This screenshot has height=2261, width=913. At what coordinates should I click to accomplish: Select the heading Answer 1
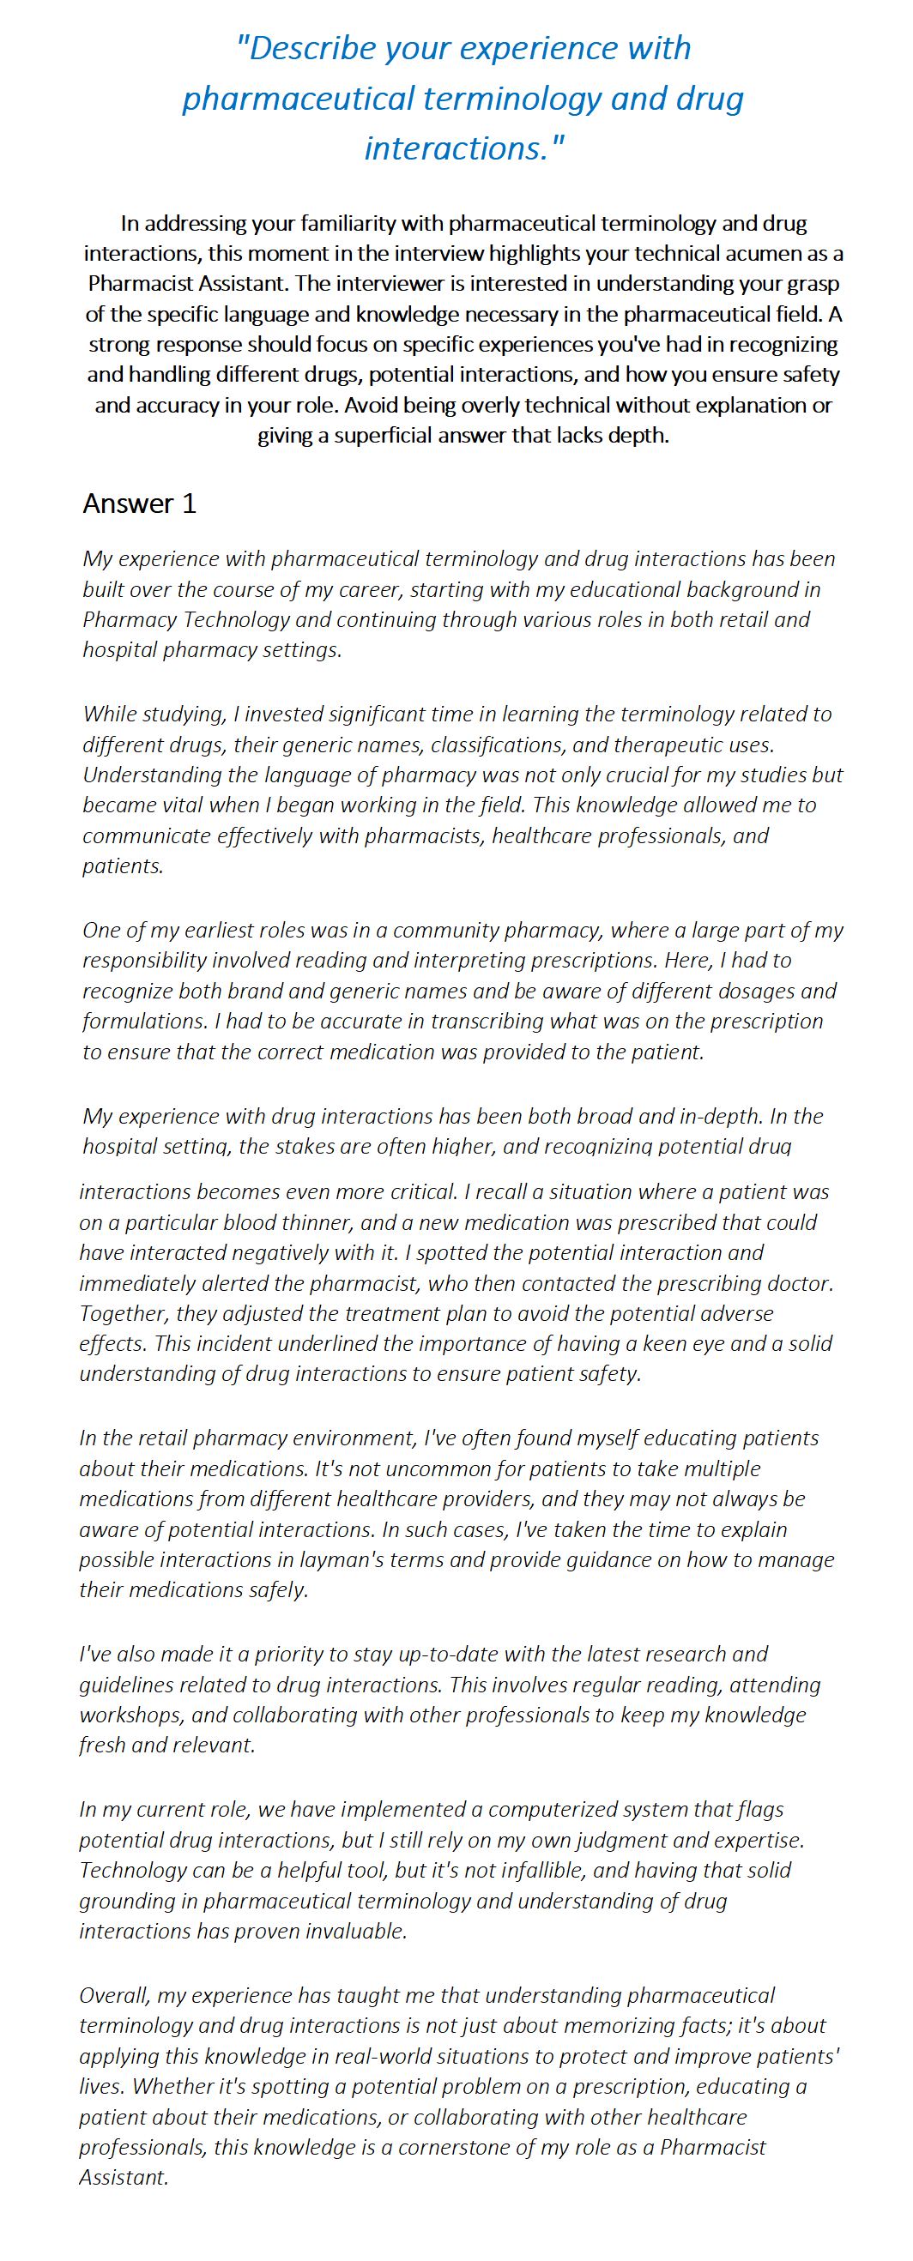pyautogui.click(x=139, y=503)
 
